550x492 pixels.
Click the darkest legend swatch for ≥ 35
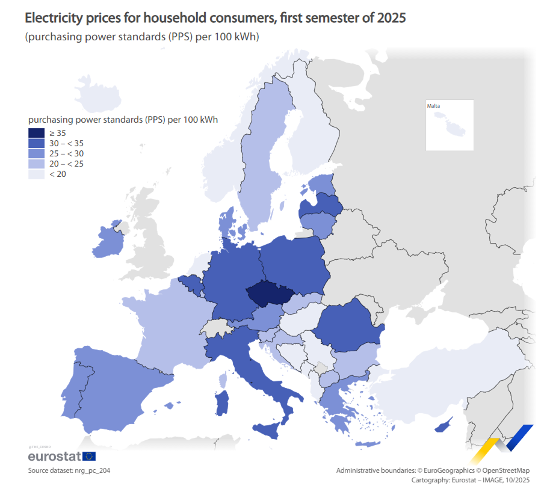pos(36,133)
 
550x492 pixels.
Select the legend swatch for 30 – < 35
pos(36,144)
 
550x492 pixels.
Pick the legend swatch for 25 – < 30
pos(36,154)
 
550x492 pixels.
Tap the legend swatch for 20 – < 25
pos(36,164)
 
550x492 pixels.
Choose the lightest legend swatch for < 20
pos(36,174)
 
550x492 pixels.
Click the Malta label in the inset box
pos(433,106)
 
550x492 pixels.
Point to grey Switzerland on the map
pos(216,328)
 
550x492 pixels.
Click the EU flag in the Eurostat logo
pos(88,457)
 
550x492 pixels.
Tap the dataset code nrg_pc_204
pos(92,470)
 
